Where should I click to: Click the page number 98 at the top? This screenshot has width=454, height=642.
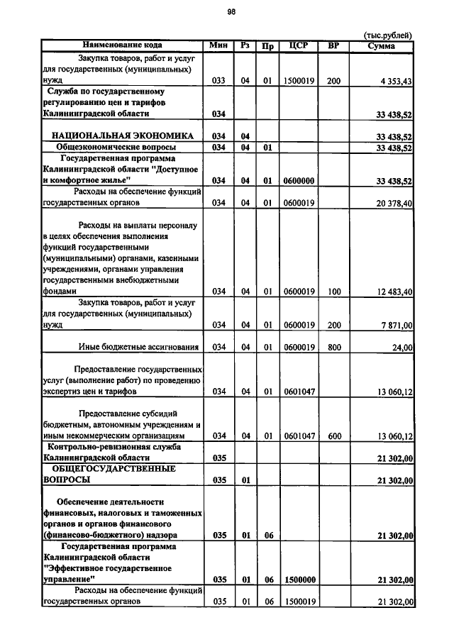click(231, 11)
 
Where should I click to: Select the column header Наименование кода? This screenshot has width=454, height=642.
click(122, 46)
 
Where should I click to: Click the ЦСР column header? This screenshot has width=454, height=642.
click(297, 46)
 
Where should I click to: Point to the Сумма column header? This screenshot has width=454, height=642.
click(382, 46)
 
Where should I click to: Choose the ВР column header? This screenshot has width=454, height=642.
click(333, 46)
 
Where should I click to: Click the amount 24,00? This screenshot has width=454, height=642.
click(402, 348)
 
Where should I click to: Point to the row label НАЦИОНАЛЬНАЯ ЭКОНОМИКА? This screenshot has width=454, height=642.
click(123, 135)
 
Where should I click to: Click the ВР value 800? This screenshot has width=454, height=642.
click(333, 348)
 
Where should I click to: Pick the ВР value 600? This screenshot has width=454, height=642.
click(333, 436)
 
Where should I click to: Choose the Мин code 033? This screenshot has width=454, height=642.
click(218, 82)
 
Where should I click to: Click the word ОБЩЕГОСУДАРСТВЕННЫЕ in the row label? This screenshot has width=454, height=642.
click(114, 469)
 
